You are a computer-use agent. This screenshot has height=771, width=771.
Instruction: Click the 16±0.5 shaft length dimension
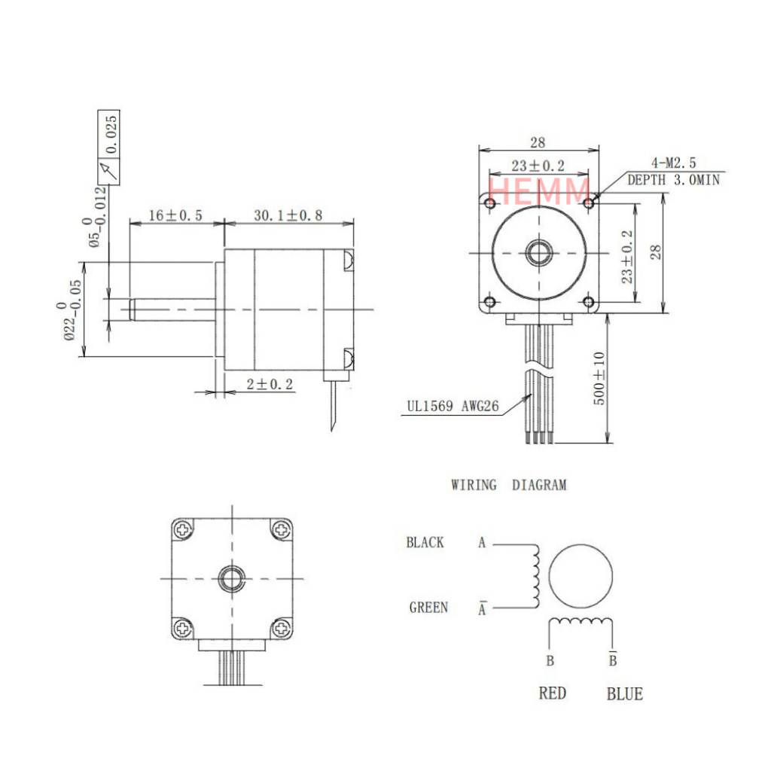175,215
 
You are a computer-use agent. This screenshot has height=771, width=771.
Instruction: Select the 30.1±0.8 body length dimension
288,215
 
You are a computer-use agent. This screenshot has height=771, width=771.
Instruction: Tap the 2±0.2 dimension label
270,385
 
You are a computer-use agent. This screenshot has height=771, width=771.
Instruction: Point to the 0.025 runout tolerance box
109,133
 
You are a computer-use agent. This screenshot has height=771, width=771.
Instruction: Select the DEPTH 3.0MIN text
673,180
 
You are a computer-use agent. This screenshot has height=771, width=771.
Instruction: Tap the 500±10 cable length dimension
599,379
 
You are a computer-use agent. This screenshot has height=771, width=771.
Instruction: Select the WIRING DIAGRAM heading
508,486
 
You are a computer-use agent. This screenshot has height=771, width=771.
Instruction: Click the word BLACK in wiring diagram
425,542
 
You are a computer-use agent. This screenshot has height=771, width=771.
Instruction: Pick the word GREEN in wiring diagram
428,607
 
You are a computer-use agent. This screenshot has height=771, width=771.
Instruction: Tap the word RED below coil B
552,693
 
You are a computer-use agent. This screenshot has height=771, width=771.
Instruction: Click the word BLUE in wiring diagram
625,693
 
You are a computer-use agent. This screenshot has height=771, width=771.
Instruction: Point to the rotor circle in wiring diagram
581,577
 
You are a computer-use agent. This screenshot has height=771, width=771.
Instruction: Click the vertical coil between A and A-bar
535,576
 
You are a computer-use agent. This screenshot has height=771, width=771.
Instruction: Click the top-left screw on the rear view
183,529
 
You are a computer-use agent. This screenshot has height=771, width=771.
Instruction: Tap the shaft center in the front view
538,253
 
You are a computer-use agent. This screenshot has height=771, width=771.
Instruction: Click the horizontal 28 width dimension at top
538,142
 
